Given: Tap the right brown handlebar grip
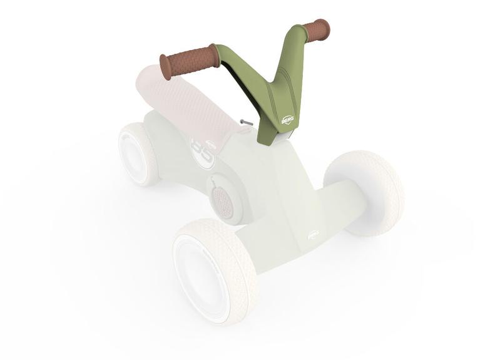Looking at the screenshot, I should coord(316,30).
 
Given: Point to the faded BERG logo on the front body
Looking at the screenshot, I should coord(314,235).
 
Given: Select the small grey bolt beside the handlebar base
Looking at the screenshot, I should coord(246,123).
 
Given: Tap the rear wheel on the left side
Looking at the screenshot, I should coord(139,153).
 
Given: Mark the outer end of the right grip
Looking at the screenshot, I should coord(325,28).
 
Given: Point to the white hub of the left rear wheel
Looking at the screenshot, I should coord(133,155).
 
